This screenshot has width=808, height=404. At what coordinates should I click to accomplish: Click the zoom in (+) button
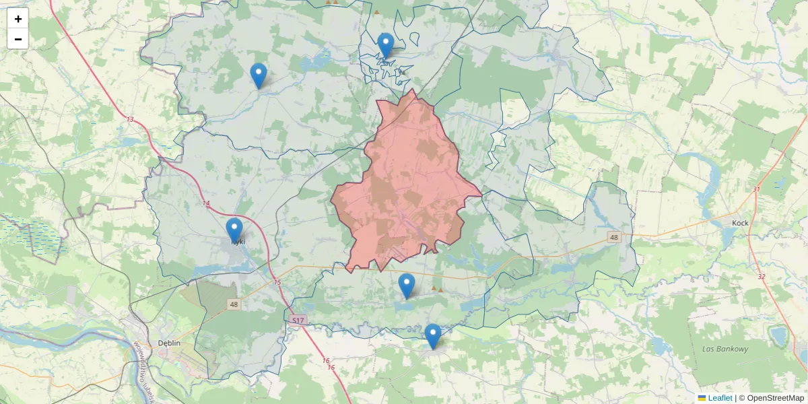(x=18, y=19)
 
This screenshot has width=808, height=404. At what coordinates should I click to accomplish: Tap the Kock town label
(x=741, y=223)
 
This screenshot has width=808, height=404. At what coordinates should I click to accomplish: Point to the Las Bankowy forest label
(x=725, y=349)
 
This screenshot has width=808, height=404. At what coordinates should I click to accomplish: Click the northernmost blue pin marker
(x=385, y=46)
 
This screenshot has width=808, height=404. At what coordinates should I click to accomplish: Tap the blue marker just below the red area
(x=406, y=286)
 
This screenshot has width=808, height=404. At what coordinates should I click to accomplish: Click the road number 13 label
(x=130, y=119)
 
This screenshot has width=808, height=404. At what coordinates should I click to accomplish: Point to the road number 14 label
(x=205, y=203)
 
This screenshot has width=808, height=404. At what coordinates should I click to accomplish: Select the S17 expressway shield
(x=298, y=321)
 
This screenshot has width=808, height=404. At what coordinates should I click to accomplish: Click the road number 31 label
(x=756, y=189)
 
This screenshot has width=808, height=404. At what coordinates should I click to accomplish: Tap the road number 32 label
(x=761, y=276)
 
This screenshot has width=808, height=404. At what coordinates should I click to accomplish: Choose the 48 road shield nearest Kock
(x=613, y=237)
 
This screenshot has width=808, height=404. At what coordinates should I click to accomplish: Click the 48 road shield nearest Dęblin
(x=234, y=304)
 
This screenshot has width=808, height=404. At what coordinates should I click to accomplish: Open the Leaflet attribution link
(x=719, y=398)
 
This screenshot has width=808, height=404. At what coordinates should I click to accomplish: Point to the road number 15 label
(x=277, y=282)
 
